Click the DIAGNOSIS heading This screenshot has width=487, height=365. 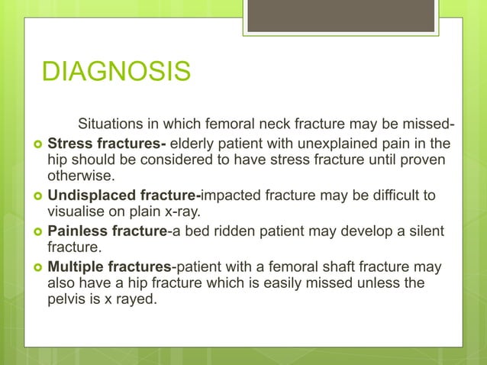coord(116,73)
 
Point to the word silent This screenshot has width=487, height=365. coord(423,231)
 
